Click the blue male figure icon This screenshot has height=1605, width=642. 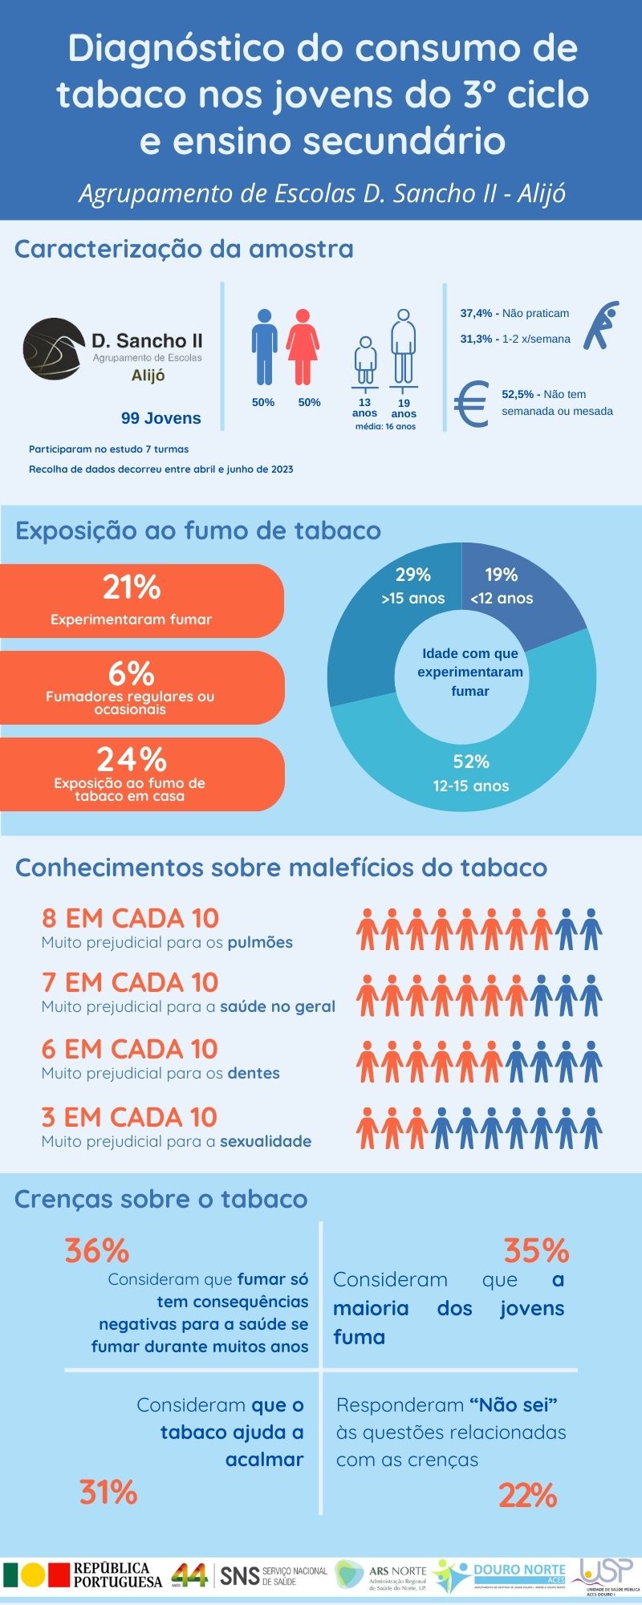click(264, 347)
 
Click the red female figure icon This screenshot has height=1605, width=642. click(303, 347)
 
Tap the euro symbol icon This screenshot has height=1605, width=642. click(472, 404)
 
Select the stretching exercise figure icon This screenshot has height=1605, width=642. click(601, 325)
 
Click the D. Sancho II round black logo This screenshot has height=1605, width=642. click(53, 349)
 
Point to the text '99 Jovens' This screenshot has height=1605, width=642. click(160, 418)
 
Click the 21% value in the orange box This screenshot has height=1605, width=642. click(132, 587)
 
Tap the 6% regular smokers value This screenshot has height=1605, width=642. click(132, 673)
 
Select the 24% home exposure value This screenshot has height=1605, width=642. click(132, 759)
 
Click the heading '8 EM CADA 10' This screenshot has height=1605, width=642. click(130, 918)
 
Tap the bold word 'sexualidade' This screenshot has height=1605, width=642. click(266, 1141)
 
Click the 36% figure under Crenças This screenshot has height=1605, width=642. click(97, 1251)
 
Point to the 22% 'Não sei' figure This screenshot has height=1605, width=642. click(527, 1496)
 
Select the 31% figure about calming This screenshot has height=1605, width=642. click(108, 1493)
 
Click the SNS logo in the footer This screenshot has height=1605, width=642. click(274, 1575)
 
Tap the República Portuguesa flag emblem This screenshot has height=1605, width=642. click(35, 1575)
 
